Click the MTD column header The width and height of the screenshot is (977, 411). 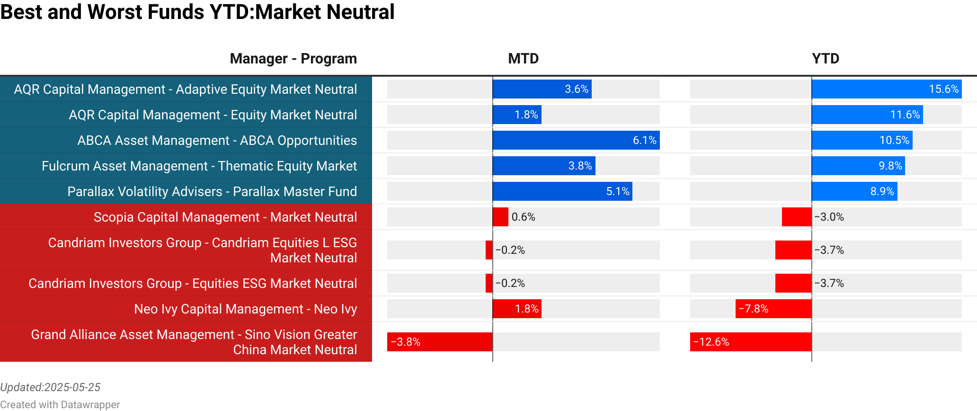[523, 59]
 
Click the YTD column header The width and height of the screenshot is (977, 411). [826, 59]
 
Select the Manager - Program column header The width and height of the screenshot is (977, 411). [293, 59]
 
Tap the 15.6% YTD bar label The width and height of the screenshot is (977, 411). [943, 89]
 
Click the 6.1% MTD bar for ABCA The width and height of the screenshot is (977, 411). [576, 140]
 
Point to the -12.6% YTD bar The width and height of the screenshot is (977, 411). [751, 342]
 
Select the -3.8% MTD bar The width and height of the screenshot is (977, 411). [440, 342]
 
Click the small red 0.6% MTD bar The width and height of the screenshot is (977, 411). [500, 217]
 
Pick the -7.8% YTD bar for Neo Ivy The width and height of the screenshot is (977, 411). [773, 309]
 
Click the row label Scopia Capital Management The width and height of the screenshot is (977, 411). [225, 217]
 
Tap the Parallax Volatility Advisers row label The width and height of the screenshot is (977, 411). [212, 191]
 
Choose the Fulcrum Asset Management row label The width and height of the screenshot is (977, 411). [199, 166]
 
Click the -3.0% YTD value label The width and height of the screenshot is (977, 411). [829, 217]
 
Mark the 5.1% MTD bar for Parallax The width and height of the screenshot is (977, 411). [562, 191]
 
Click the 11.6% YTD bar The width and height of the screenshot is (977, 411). [867, 115]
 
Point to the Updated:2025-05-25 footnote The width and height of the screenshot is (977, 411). [50, 387]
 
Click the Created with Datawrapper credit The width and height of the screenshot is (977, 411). [60, 404]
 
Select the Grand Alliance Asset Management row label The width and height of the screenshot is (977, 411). [194, 342]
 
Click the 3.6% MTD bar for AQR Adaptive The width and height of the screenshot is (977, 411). [542, 89]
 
